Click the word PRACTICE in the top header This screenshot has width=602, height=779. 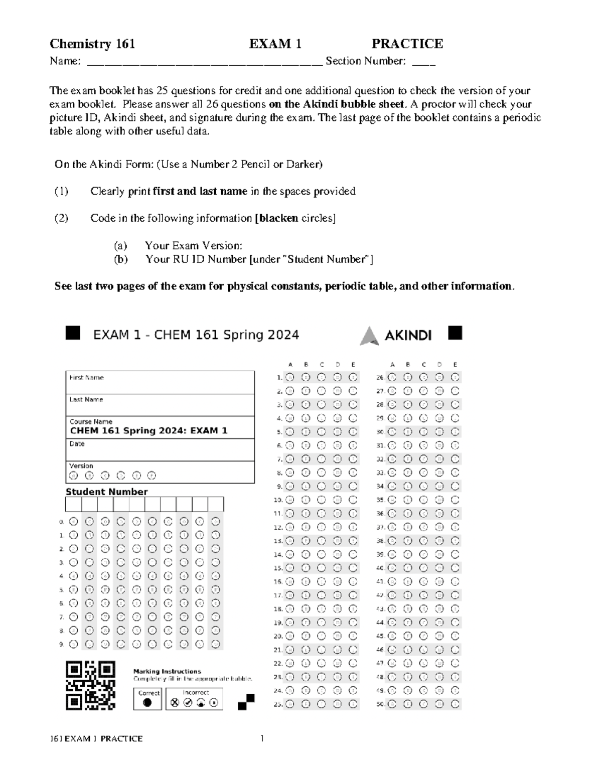click(407, 44)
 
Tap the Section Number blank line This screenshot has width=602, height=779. click(423, 64)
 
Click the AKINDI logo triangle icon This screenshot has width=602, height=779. click(369, 336)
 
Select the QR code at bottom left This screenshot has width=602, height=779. click(90, 685)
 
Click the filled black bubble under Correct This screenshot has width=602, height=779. click(147, 702)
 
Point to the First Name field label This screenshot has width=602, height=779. click(86, 378)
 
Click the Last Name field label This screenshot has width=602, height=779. click(86, 400)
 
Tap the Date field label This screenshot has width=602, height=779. click(77, 444)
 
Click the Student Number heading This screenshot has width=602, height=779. click(106, 492)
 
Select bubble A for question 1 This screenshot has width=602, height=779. click(289, 377)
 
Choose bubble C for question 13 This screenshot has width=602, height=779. click(321, 541)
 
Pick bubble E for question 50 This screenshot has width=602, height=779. click(455, 704)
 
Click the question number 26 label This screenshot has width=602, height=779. click(380, 378)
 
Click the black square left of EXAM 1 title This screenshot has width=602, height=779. click(73, 333)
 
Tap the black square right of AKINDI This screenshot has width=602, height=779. click(455, 333)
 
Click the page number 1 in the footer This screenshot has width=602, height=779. click(261, 738)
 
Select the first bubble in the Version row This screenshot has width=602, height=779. click(73, 476)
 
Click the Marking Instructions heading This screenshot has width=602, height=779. click(167, 671)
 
